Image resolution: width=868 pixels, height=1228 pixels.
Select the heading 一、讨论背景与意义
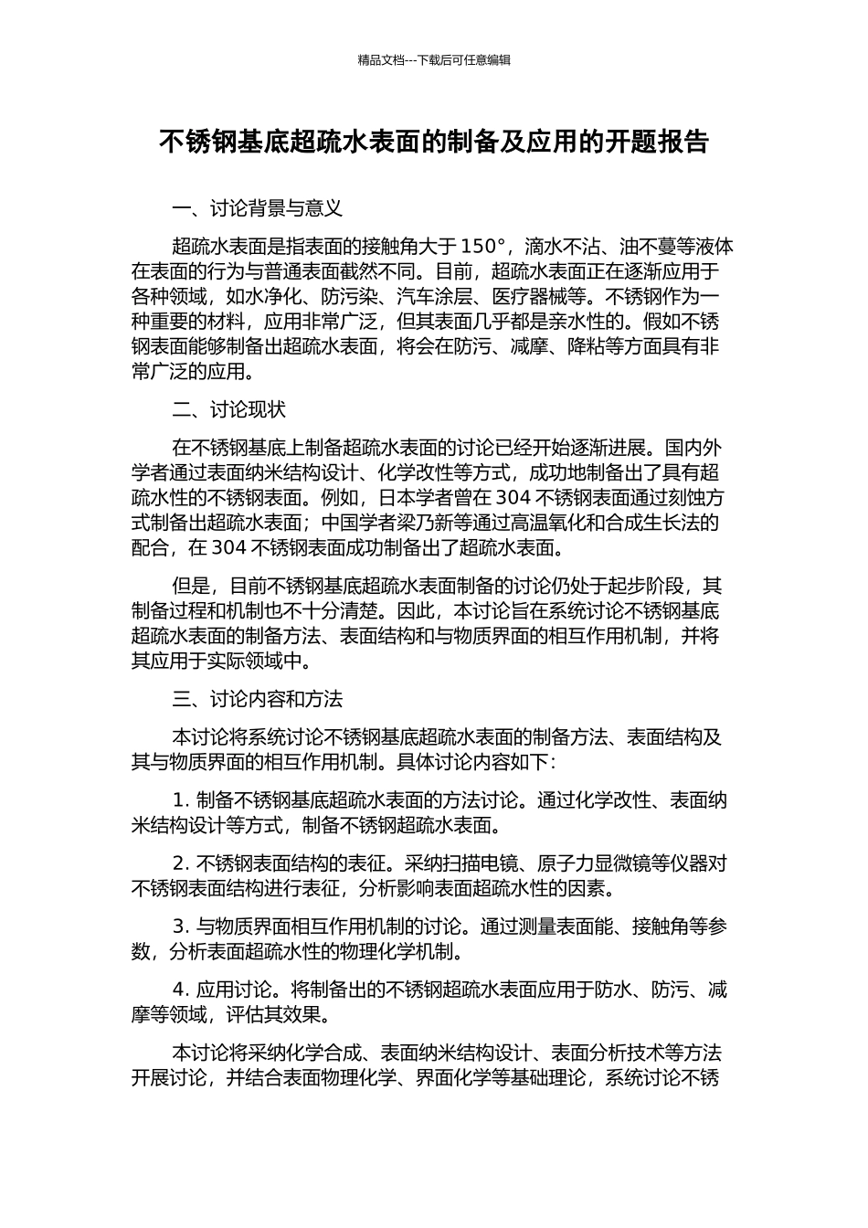pos(257,208)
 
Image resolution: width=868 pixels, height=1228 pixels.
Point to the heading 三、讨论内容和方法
pos(257,699)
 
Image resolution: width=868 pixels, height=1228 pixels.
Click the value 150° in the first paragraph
pos(482,247)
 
